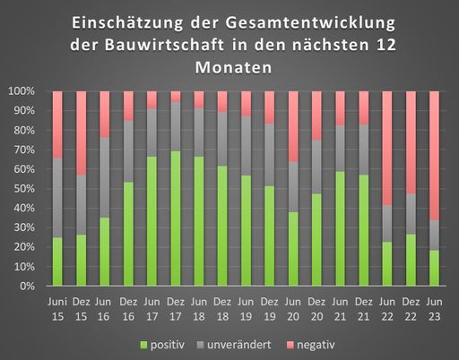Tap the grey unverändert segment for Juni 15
click(57, 197)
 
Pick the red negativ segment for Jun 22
click(386, 148)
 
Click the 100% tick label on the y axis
click(22, 91)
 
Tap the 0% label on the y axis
click(27, 287)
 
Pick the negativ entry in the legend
click(318, 344)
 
